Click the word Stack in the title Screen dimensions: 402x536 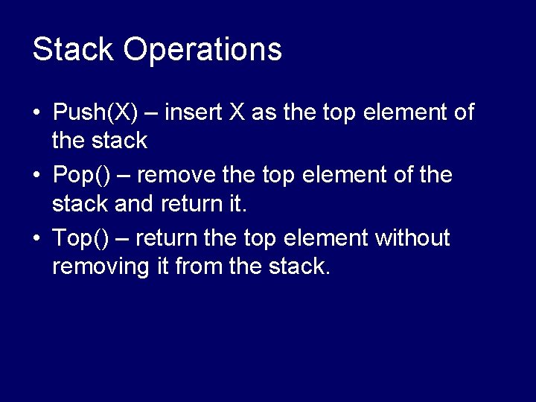point(73,50)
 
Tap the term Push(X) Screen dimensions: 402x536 point(95,113)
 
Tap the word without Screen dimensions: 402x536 point(412,239)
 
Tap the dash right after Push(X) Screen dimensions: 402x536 point(151,113)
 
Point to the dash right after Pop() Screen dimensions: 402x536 point(124,176)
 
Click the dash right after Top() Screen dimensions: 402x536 point(124,239)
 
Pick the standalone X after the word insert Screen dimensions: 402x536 point(237,112)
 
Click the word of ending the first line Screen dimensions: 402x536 point(463,112)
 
